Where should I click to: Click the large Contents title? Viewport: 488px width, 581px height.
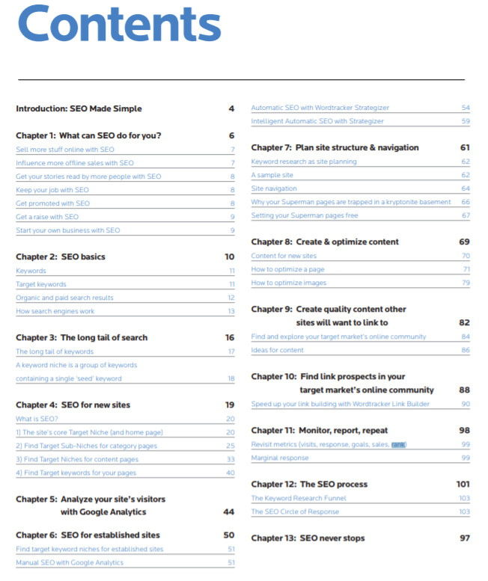tap(119, 26)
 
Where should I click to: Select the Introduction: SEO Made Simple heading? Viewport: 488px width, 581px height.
tap(79, 108)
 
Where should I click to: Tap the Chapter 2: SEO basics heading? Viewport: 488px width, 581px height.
tap(61, 256)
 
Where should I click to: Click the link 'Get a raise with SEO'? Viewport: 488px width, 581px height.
tap(47, 217)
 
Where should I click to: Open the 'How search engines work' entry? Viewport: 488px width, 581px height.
tap(55, 311)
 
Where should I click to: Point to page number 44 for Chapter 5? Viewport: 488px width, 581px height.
tap(229, 512)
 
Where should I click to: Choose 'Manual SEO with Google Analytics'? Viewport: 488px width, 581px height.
tap(70, 562)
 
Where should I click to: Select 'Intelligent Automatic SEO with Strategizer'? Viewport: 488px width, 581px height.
tap(317, 121)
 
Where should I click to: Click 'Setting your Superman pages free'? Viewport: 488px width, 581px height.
tap(304, 215)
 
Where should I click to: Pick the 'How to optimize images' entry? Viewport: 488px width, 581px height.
tap(289, 283)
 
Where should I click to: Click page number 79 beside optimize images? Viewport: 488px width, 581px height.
tap(466, 283)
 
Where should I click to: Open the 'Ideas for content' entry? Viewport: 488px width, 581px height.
tap(278, 350)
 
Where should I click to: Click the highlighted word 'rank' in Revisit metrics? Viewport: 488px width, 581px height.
tap(398, 444)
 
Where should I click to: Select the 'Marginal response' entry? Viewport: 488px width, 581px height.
tap(280, 458)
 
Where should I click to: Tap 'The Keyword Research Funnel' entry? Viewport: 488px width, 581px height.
tap(297, 498)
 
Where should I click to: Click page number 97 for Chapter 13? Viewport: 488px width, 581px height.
tap(465, 538)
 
